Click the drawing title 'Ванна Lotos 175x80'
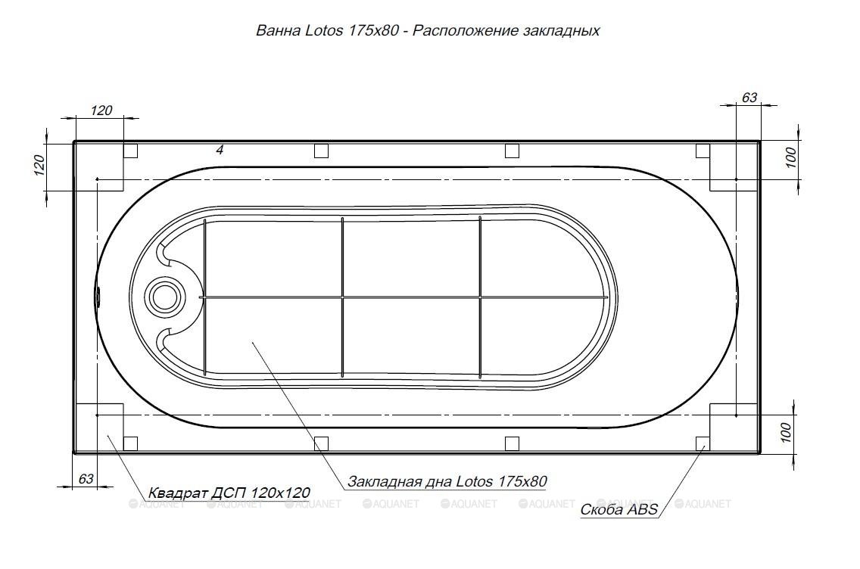point(327,31)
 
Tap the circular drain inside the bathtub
point(164,297)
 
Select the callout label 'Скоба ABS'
point(619,509)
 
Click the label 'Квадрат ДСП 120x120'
point(229,493)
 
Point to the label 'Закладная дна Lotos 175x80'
point(447,481)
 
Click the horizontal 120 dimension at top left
point(101,110)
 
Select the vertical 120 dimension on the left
point(39,165)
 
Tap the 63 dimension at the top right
point(749,98)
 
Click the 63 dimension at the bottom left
point(86,478)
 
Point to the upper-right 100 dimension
point(790,158)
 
